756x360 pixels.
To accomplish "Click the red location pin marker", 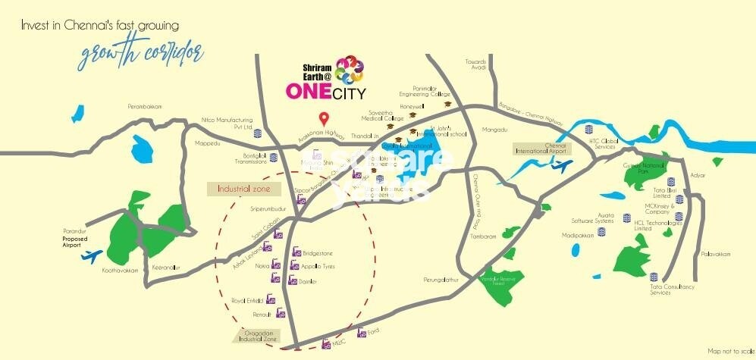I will coord(324,119).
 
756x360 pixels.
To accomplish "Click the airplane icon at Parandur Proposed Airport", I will coord(90,255).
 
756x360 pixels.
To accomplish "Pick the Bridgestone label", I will coord(318,253).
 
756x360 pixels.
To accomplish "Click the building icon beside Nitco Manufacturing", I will coord(257,133).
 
